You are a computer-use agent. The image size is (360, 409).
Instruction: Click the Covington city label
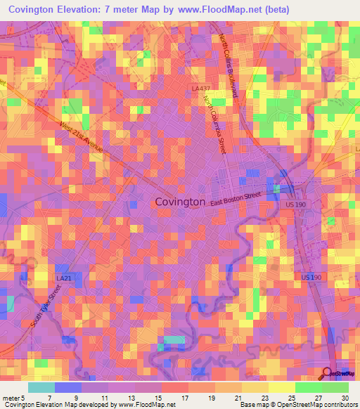pos(180,202)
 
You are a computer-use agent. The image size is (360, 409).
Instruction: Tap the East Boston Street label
pos(236,197)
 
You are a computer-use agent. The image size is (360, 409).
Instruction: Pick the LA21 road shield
pos(63,278)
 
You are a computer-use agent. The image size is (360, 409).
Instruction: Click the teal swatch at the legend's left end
pos(41,387)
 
